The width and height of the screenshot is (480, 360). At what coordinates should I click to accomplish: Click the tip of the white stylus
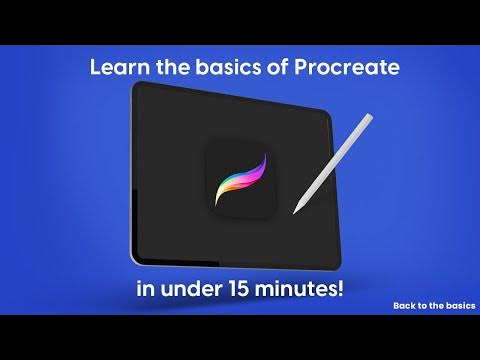294,212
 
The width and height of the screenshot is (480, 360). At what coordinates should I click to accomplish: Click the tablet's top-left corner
135,86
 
